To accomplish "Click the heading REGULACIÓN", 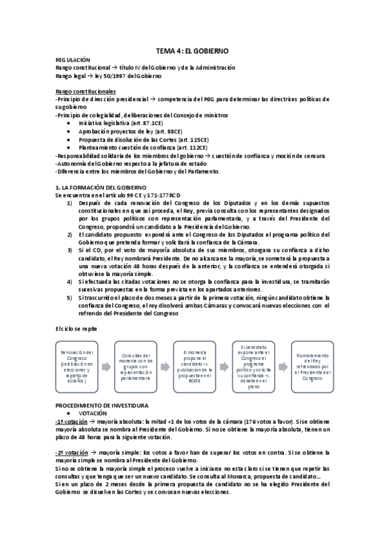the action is tap(73, 59).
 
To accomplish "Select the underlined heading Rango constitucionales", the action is tap(85, 92).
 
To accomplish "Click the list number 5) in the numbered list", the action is tap(70, 297).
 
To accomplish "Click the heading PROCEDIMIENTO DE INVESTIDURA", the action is tap(102, 405).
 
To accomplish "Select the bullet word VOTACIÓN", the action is tap(94, 414).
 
